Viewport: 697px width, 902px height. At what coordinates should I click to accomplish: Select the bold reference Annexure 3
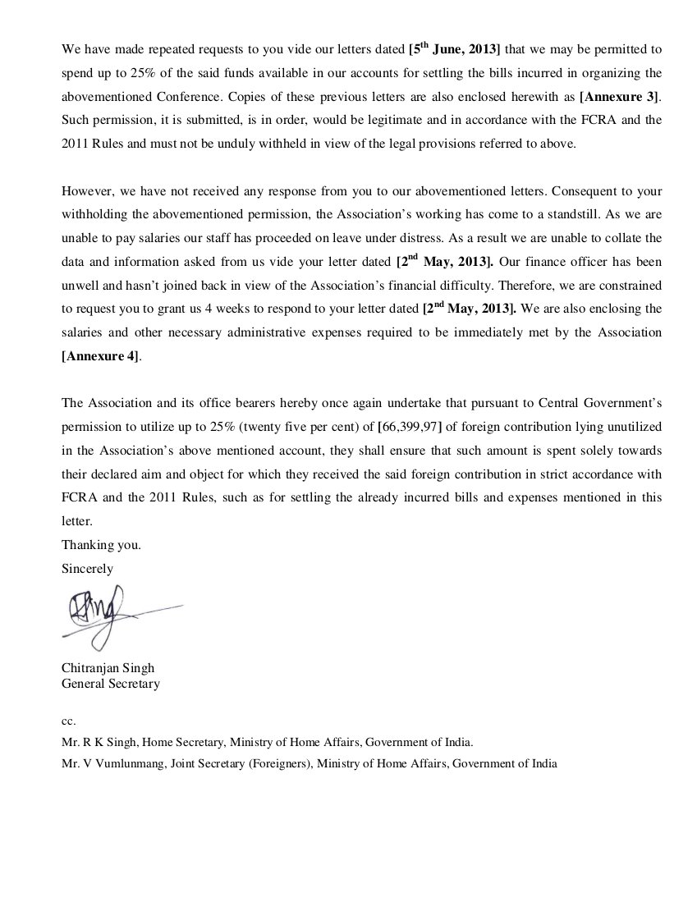click(620, 96)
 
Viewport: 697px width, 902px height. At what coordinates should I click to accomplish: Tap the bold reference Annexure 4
click(100, 356)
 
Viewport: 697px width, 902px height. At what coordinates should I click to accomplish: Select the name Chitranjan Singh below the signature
click(108, 668)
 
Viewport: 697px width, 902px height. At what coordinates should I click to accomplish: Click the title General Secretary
click(111, 683)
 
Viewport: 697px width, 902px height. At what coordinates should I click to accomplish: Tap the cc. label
click(69, 721)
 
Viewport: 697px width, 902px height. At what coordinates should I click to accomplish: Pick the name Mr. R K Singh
click(99, 742)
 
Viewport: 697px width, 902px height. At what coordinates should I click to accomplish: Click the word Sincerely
click(87, 568)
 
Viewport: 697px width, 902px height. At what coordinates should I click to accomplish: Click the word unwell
click(81, 286)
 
